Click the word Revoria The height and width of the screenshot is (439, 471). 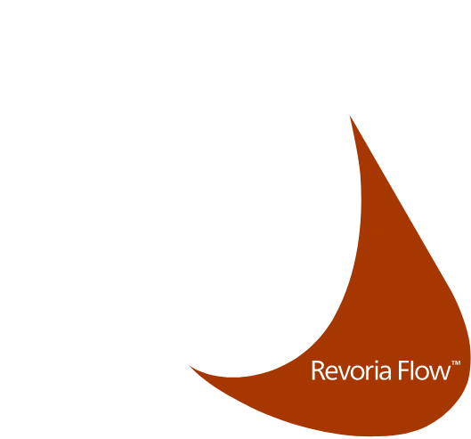(351, 370)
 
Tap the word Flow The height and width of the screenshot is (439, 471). (424, 370)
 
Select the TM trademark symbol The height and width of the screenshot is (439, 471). (456, 362)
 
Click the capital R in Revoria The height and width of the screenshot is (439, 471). (319, 370)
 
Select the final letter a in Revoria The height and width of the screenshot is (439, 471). (386, 373)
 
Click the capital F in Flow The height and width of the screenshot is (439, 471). (403, 370)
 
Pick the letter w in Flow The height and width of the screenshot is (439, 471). (441, 373)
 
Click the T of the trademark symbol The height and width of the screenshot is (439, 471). (453, 362)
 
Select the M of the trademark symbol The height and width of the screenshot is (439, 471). (458, 362)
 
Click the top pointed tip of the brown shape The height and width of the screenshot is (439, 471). (350, 116)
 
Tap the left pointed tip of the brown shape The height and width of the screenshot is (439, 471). (190, 366)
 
